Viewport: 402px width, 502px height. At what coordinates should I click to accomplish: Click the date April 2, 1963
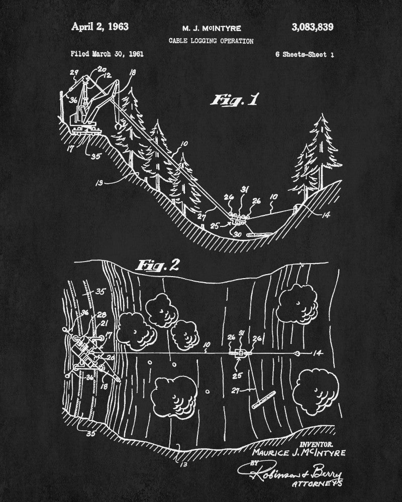point(100,27)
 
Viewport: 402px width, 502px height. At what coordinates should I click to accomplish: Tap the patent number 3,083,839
point(312,27)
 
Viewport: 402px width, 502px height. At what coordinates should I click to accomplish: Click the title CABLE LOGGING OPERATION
point(211,41)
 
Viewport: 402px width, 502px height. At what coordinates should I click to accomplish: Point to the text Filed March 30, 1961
point(107,54)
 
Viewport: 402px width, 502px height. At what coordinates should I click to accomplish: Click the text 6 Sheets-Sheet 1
point(305,54)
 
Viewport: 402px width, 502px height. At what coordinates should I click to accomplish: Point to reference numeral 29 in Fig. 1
point(73,74)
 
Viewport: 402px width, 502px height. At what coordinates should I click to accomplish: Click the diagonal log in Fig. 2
point(264,399)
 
